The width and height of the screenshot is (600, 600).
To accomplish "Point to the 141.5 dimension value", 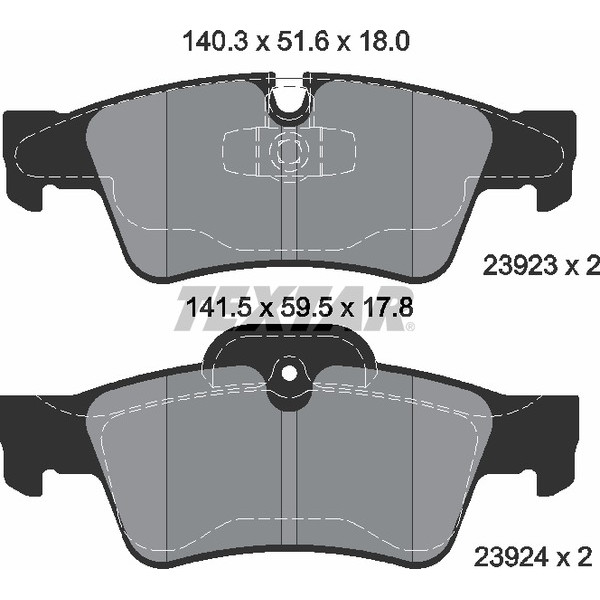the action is [x=218, y=308].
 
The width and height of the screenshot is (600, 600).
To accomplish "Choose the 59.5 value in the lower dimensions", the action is [x=305, y=308].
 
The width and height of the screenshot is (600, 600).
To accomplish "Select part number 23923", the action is [x=520, y=265].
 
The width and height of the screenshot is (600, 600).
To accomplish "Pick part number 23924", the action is [x=512, y=558].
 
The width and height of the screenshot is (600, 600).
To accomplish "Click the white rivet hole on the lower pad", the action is [x=289, y=373].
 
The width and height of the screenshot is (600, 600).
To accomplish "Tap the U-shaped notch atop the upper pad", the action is [x=289, y=100].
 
